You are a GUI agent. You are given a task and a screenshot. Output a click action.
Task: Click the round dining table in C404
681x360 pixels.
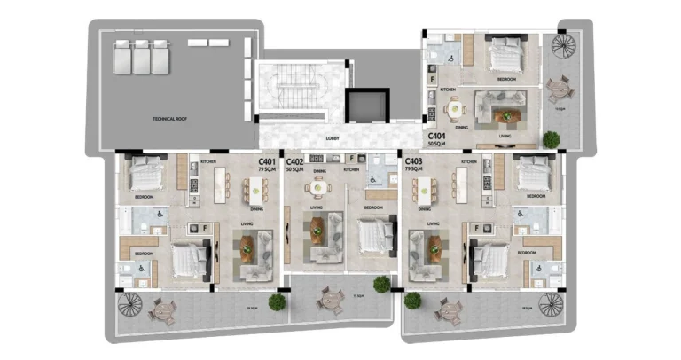tap(456, 108)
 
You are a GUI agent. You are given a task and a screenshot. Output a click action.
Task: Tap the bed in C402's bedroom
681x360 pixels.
tap(373, 235)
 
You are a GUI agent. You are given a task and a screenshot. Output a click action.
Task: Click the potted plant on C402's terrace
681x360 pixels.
tap(381, 284)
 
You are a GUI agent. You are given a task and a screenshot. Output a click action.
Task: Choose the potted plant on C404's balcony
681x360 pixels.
tap(552, 138)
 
